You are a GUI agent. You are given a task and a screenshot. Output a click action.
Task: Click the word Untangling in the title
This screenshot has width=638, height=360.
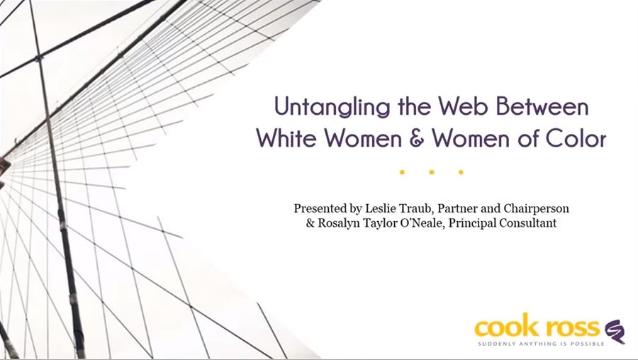click(332, 107)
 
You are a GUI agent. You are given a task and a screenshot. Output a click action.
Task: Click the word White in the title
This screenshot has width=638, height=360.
click(286, 138)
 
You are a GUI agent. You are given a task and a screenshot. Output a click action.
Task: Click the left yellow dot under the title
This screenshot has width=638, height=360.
click(402, 172)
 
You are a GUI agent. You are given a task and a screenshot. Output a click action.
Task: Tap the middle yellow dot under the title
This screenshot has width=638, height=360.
click(432, 172)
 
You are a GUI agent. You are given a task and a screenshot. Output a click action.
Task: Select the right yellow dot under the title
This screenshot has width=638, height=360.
click(461, 172)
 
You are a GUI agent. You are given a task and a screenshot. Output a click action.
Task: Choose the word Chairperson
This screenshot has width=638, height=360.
click(537, 209)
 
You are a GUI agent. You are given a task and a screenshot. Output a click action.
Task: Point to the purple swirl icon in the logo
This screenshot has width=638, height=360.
click(615, 331)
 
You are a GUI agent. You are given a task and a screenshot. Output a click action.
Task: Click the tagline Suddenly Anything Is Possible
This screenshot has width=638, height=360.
click(541, 344)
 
